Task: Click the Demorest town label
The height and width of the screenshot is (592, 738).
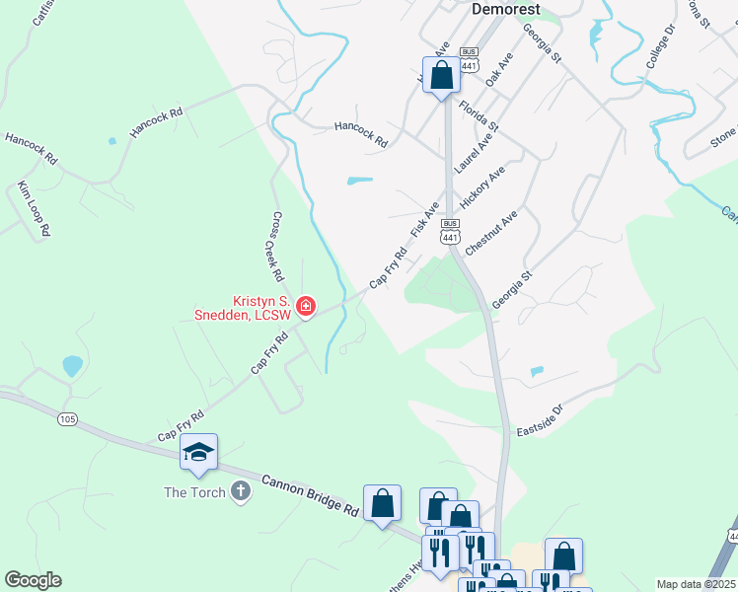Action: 505,9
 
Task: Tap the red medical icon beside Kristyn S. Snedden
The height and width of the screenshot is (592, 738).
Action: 306,308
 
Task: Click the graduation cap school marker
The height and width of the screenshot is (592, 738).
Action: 198,453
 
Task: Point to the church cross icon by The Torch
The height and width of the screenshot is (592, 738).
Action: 241,491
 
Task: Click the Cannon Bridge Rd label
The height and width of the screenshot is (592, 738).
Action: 310,495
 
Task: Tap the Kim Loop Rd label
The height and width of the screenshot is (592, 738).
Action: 35,207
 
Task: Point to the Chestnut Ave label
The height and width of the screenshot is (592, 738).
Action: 490,234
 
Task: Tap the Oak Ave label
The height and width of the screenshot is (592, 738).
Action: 499,71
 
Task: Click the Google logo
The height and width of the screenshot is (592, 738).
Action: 33,580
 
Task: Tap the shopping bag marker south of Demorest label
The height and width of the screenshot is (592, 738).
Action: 441,75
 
